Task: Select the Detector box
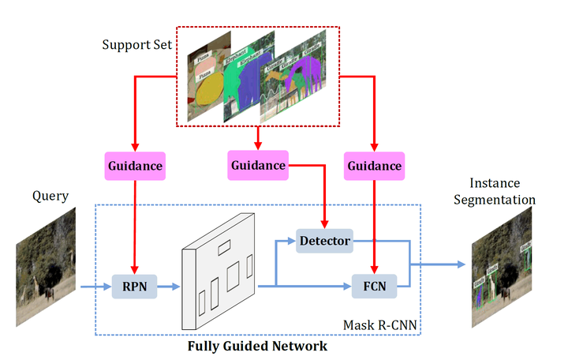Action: coord(323,240)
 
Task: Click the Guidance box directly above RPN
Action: coord(134,167)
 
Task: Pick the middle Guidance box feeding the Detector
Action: coord(258,165)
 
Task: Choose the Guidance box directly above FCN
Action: coord(375,167)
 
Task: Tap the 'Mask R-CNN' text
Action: coord(379,324)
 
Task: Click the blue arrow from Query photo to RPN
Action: coord(92,289)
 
